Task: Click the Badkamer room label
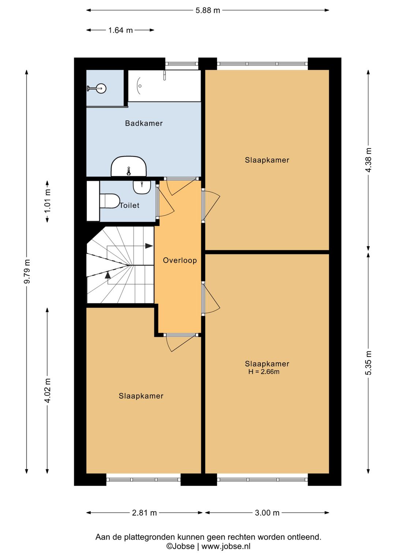[x=144, y=123]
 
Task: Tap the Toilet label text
[x=129, y=205]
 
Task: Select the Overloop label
[x=180, y=260]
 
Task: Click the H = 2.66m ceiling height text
[x=264, y=372]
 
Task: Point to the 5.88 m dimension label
[x=208, y=11]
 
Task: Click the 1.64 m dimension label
[x=120, y=30]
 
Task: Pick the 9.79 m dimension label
[x=27, y=271]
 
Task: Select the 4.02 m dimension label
[x=47, y=391]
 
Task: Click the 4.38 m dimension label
[x=368, y=160]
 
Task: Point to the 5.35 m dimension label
[x=368, y=363]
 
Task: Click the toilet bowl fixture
[x=110, y=201]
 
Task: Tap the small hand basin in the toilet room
[x=142, y=187]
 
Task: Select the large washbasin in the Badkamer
[x=129, y=166]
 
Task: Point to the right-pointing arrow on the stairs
[x=149, y=246]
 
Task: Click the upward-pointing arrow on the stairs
[x=108, y=275]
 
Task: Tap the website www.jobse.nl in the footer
[x=226, y=546]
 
